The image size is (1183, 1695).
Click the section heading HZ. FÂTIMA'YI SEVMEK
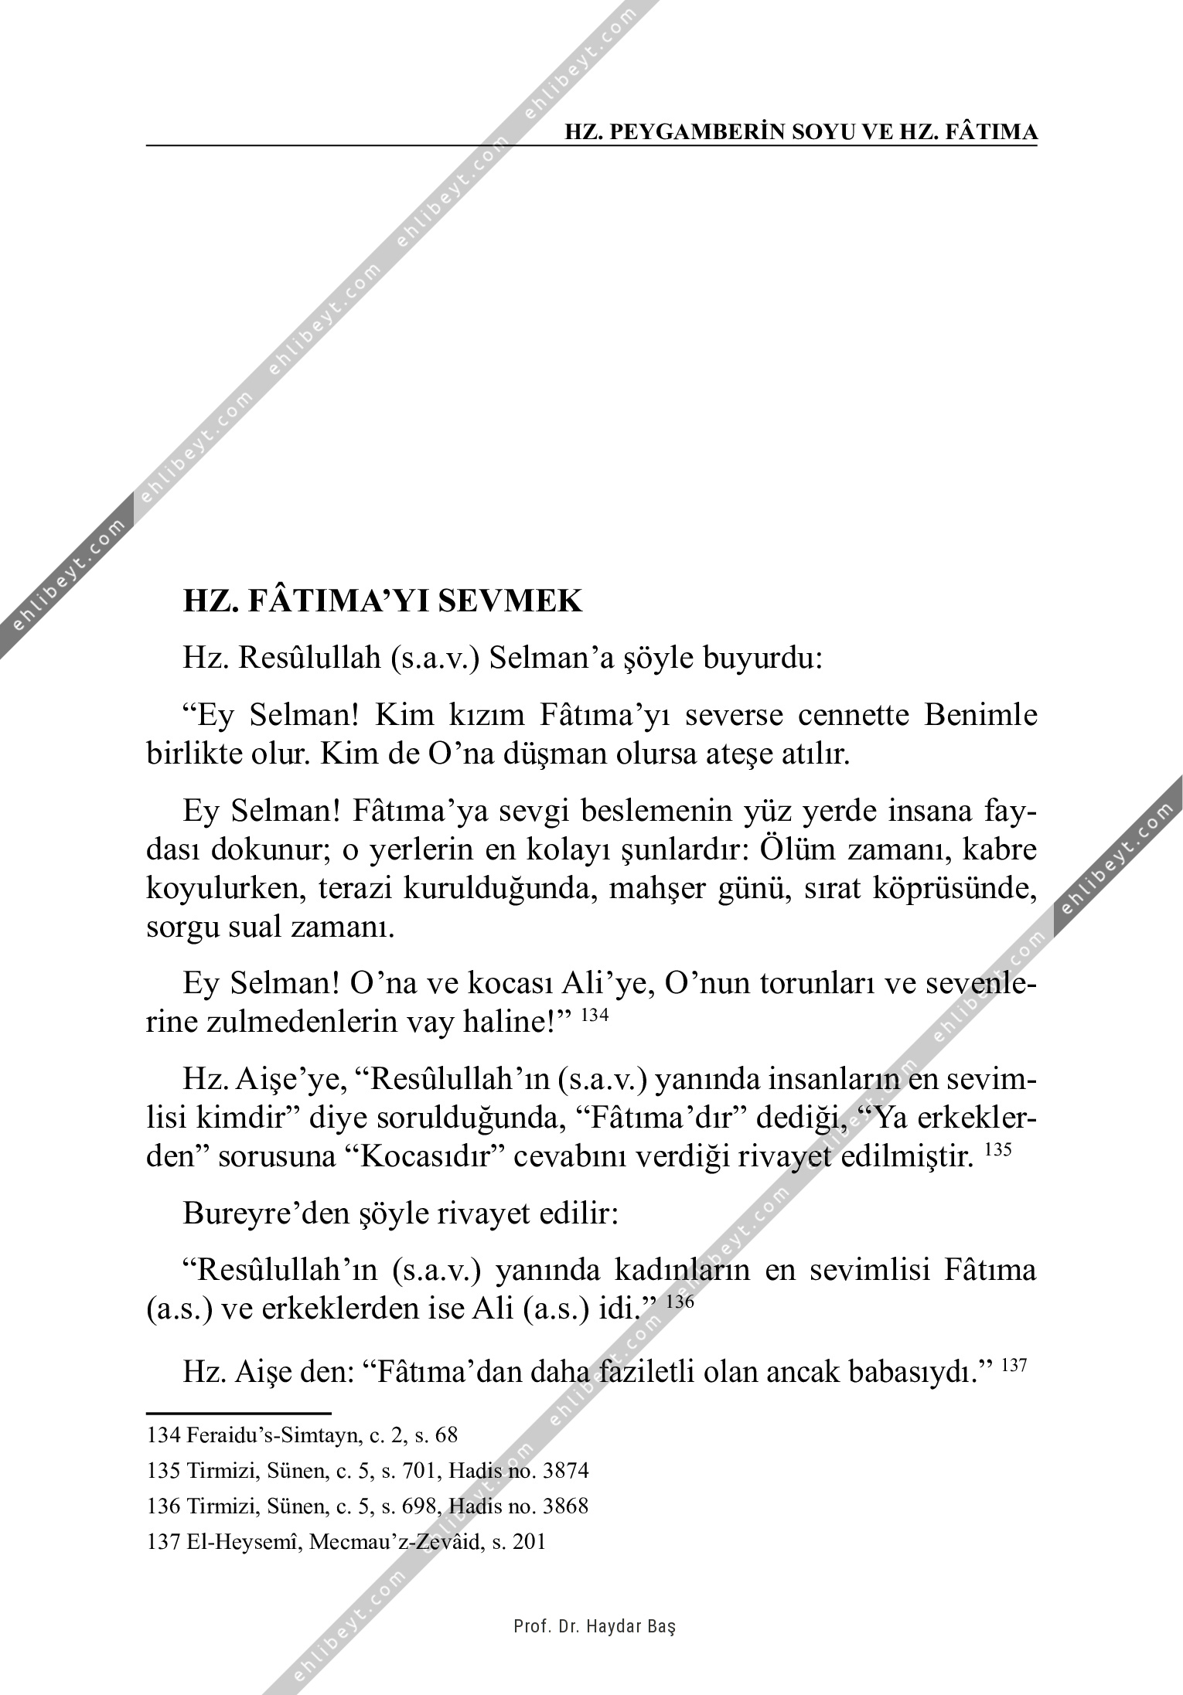pos(382,601)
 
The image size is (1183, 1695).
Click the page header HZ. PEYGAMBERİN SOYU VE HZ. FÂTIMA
pos(801,132)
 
